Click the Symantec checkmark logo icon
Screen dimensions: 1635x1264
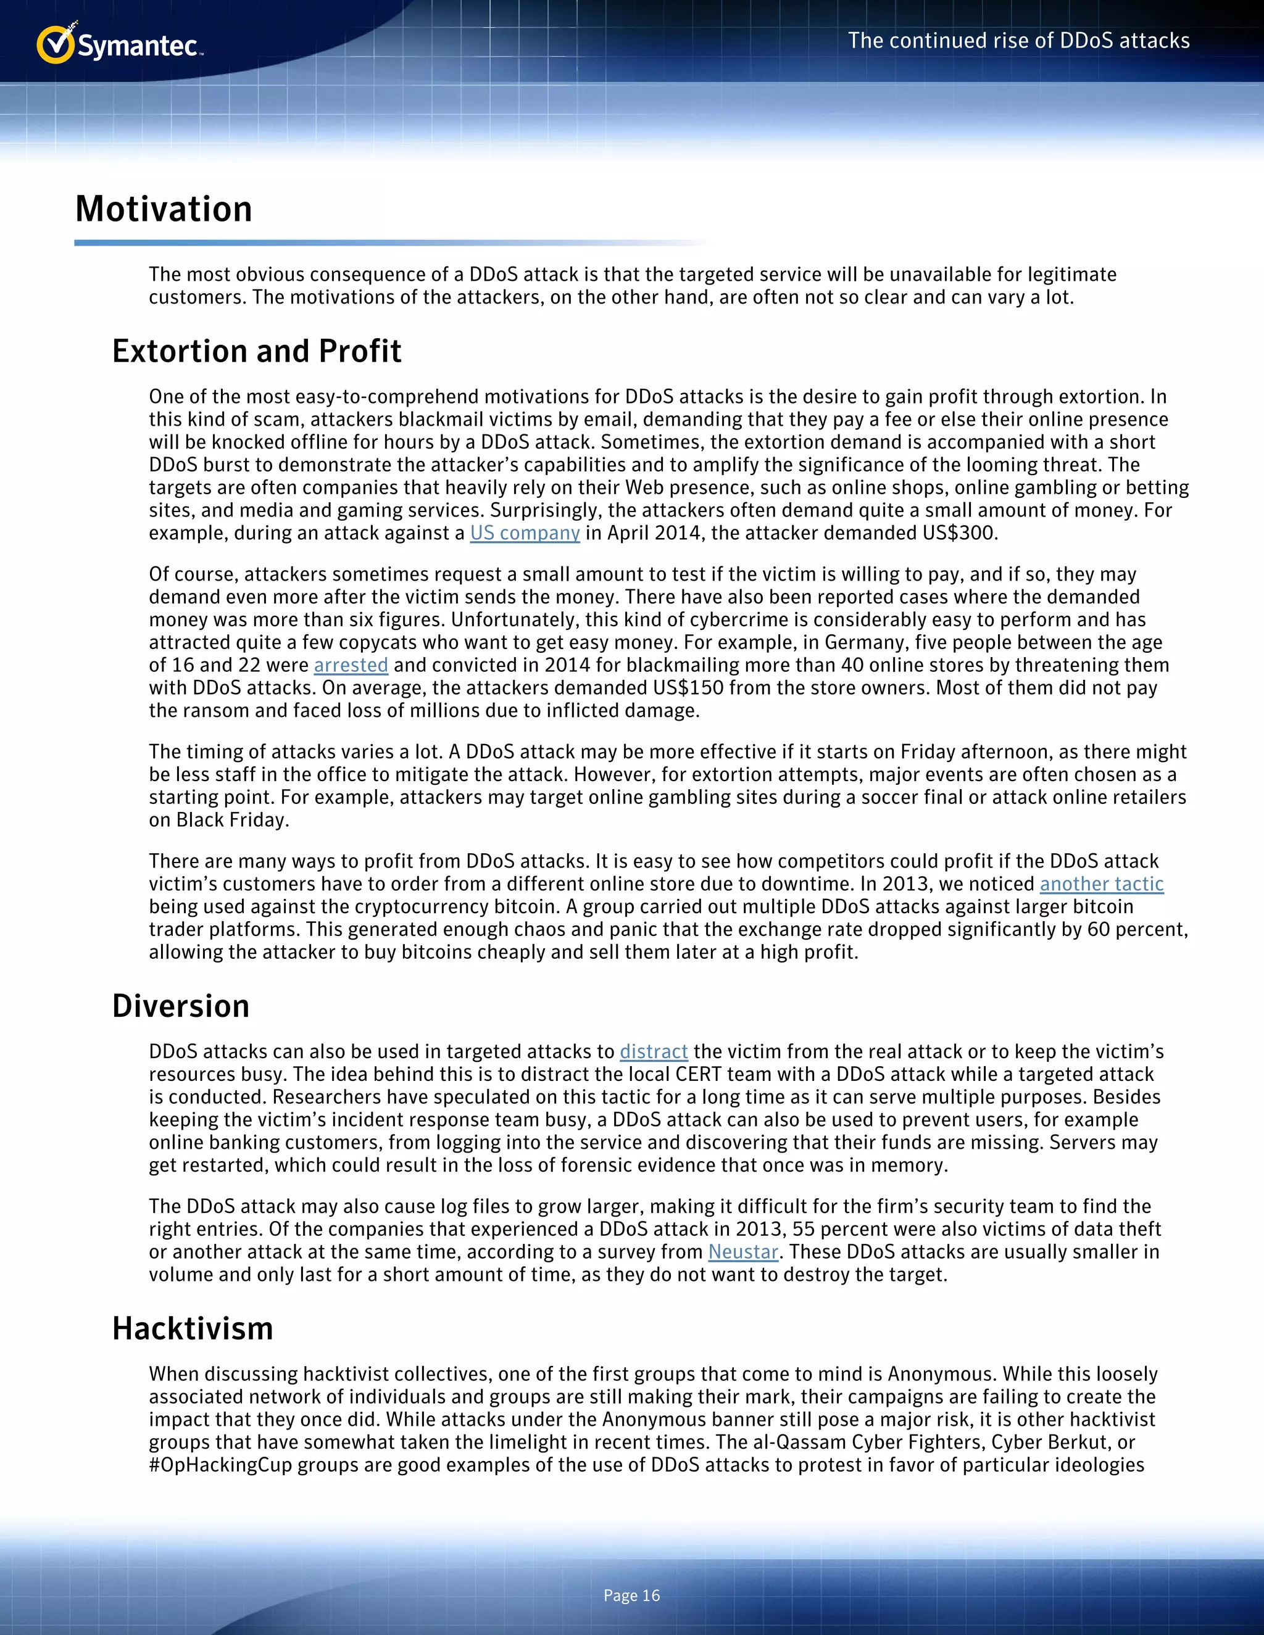pos(55,45)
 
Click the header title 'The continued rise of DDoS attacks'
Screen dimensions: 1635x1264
pos(1018,41)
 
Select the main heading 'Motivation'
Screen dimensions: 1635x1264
pos(163,209)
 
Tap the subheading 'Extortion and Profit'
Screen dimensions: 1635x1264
pos(256,351)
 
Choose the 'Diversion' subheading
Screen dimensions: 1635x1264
pos(180,1006)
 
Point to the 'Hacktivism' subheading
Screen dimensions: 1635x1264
pos(193,1328)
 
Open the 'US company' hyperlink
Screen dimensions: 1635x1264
pos(525,533)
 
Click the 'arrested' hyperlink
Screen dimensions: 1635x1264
pos(351,664)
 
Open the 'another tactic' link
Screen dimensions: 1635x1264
pos(1101,884)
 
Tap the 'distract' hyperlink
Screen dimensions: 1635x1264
pos(653,1052)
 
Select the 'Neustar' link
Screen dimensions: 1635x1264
pos(743,1252)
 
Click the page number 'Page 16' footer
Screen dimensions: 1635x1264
pos(631,1596)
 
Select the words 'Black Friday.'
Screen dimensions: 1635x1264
pos(232,820)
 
